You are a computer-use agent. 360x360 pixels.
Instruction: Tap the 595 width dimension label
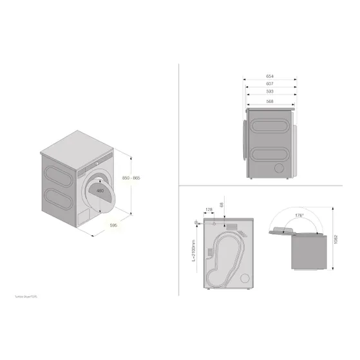click(112, 225)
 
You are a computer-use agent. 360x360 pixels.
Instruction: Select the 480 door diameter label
click(99, 191)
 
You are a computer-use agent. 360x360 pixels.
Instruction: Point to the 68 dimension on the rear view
click(222, 205)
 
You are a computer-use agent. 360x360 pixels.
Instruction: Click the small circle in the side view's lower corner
click(279, 167)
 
